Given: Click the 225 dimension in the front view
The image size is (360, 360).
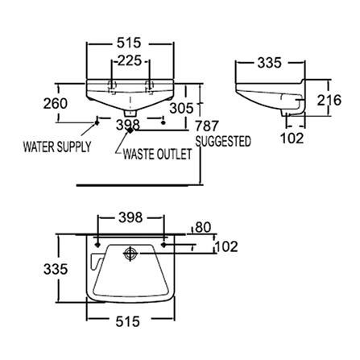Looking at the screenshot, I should tap(130, 60).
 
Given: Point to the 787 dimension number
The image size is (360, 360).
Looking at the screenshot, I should tap(209, 125).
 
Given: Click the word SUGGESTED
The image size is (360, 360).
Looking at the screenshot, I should tap(223, 141).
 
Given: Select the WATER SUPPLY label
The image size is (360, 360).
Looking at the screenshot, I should tap(56, 147).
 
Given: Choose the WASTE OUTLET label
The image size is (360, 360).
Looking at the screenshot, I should tap(157, 155).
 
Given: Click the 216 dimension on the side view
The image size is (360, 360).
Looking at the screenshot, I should tap(344, 100).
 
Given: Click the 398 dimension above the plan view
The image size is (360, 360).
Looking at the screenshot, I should tap(130, 217).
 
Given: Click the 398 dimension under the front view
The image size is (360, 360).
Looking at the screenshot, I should tap(130, 124).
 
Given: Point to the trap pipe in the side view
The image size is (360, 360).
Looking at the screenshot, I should tap(295, 109).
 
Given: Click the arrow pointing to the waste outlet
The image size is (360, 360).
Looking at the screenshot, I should tap(122, 144).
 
